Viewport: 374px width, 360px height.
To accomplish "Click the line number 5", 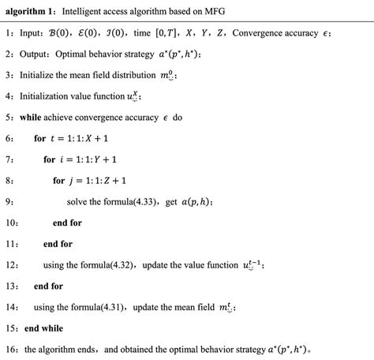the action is pyautogui.click(x=8, y=117).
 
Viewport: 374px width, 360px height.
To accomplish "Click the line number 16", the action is pyautogui.click(x=9, y=348).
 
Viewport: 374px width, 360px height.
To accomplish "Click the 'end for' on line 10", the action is pyautogui.click(x=67, y=222).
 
